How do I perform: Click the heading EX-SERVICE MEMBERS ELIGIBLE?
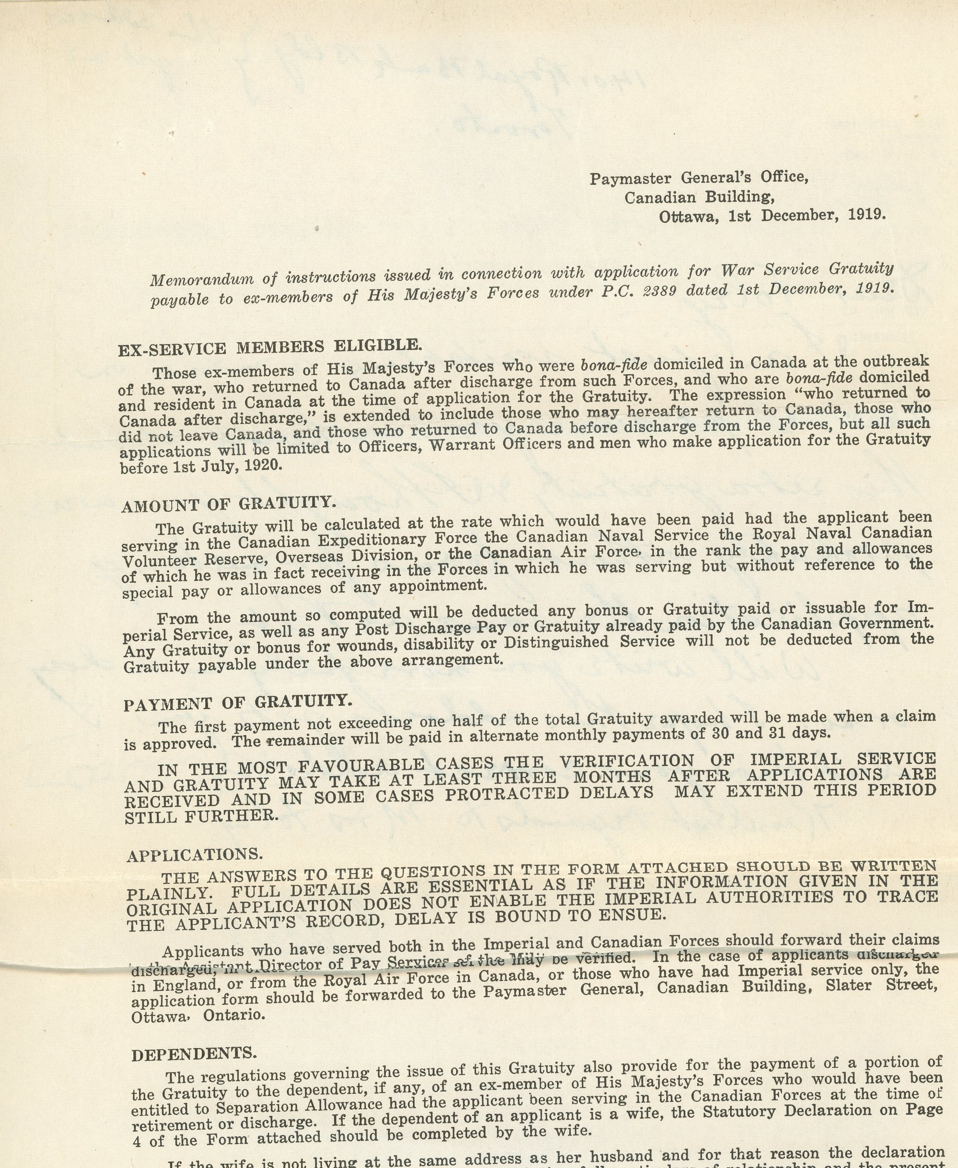(x=270, y=347)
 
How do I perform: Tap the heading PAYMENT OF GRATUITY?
(x=237, y=703)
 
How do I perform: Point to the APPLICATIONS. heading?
(x=195, y=855)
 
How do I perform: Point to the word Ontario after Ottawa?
(x=234, y=1015)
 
